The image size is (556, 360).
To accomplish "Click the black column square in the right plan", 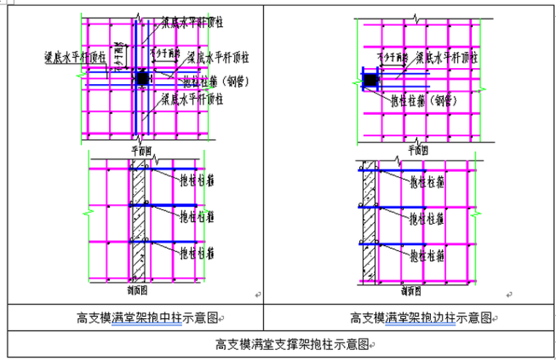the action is [372, 79].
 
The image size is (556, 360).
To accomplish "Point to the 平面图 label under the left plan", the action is [140, 149].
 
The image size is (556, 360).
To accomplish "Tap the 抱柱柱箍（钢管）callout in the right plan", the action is [421, 100].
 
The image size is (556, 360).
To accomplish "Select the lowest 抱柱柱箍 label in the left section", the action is [198, 253].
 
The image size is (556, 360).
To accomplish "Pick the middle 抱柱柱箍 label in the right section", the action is [427, 217].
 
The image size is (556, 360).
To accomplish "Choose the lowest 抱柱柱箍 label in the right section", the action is [427, 255].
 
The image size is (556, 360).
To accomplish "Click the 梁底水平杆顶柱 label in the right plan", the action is [448, 57].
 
